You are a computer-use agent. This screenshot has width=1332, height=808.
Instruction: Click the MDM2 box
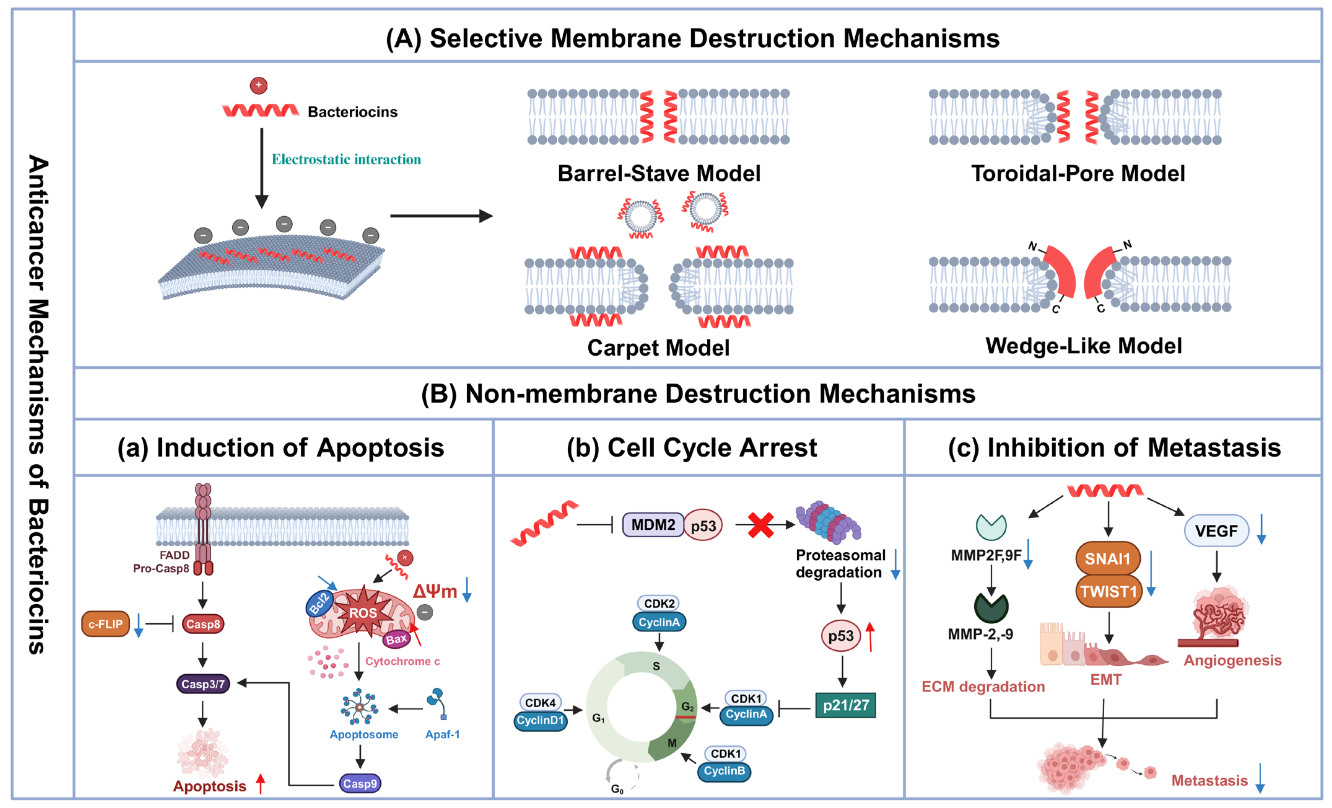(x=653, y=525)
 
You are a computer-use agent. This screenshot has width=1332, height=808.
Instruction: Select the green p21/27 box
(x=845, y=705)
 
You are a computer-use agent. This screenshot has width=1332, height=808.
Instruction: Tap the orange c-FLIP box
(x=105, y=624)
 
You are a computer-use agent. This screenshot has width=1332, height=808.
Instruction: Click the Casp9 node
(x=360, y=784)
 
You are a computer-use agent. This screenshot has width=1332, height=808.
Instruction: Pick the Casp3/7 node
(x=203, y=684)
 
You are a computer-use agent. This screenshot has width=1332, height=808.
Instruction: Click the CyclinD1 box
(x=540, y=720)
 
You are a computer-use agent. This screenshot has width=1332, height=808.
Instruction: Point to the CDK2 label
(x=659, y=603)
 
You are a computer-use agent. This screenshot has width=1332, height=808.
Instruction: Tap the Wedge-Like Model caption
(x=1083, y=346)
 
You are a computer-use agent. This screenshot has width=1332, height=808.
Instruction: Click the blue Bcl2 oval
(x=320, y=603)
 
